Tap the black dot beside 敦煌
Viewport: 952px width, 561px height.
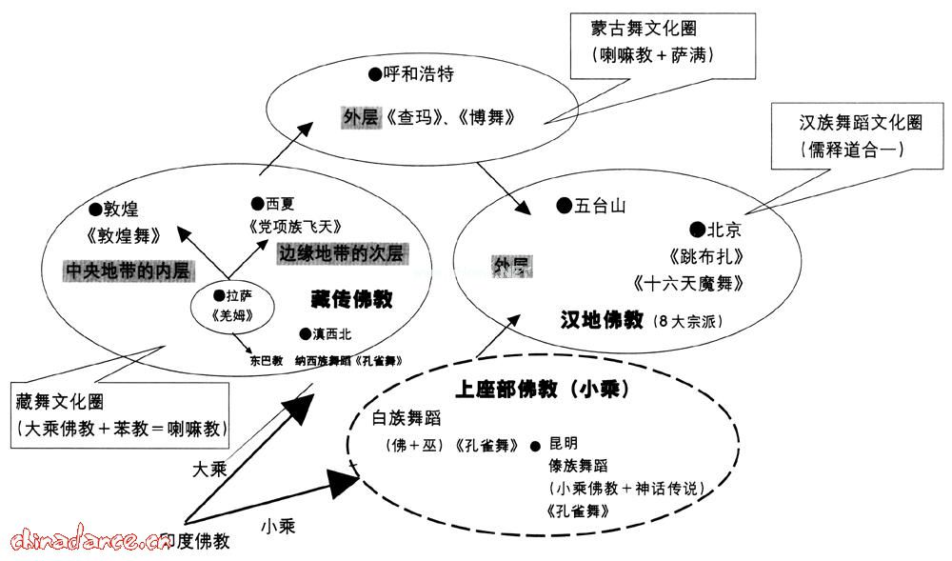click(94, 208)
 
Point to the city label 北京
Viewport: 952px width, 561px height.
click(724, 230)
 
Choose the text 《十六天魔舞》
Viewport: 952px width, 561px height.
click(687, 283)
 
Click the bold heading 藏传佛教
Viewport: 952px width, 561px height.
click(352, 299)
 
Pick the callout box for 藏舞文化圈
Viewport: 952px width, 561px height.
click(123, 415)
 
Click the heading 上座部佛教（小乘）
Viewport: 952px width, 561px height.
click(545, 390)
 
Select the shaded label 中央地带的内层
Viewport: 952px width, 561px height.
click(129, 270)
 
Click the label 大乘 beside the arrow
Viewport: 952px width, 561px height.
click(209, 470)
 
